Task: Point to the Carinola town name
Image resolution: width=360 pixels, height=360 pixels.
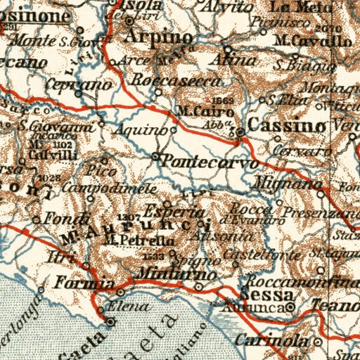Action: (281, 340)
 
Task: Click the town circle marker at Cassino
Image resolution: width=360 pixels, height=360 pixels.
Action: (240, 131)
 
